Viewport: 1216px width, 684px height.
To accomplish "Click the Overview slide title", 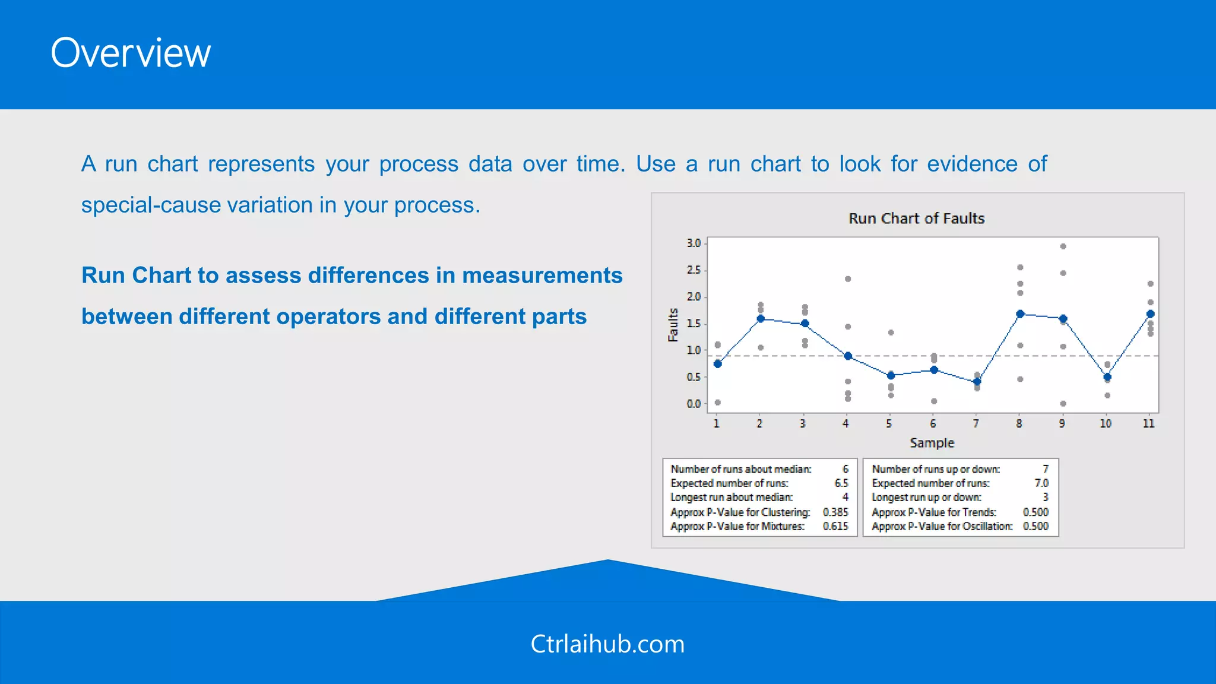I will point(131,53).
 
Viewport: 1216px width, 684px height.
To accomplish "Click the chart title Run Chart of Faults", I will point(916,218).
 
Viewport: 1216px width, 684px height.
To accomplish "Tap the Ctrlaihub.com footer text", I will point(607,644).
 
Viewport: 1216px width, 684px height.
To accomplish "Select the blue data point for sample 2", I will point(761,319).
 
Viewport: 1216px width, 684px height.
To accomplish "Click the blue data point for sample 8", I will point(1020,314).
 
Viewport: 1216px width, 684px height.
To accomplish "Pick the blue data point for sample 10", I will point(1107,377).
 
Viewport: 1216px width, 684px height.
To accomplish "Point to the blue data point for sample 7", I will point(977,382).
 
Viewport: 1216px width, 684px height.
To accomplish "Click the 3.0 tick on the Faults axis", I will point(693,243).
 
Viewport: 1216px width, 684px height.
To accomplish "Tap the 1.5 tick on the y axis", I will point(693,324).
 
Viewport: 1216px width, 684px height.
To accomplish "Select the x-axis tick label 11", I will point(1149,423).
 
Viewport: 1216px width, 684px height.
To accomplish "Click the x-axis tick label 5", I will point(889,423).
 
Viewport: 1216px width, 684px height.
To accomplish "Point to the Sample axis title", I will point(932,443).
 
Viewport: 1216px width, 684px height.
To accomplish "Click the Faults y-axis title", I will point(673,325).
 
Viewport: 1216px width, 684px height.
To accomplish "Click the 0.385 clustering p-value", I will point(835,512).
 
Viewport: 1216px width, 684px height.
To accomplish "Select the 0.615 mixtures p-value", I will point(835,526).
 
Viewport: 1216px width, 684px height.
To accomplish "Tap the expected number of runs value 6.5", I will point(841,483).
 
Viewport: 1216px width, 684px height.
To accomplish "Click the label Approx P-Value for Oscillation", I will point(942,526).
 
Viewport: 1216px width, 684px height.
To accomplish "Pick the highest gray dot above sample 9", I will point(1063,246).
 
